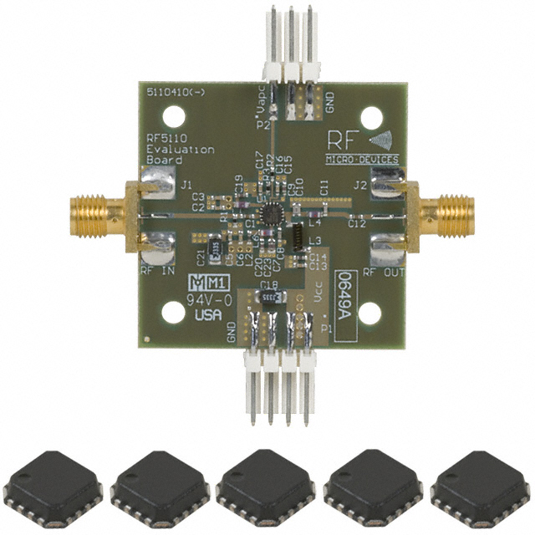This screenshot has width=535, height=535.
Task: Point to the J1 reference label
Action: pos(186,185)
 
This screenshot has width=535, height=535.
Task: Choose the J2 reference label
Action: pos(360,185)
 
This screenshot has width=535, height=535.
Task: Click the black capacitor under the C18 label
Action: pos(269,298)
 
